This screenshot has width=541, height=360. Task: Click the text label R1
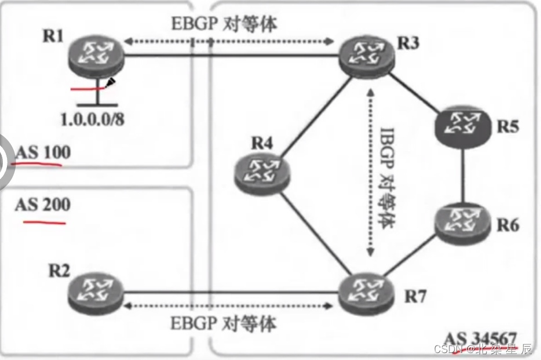(53, 36)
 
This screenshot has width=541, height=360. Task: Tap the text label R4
(262, 143)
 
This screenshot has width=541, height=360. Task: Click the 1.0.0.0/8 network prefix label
(93, 119)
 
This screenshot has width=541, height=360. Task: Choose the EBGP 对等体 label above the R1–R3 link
(224, 25)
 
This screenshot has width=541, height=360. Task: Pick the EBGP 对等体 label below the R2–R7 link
(224, 323)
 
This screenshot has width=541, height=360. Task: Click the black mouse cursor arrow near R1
(111, 83)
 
